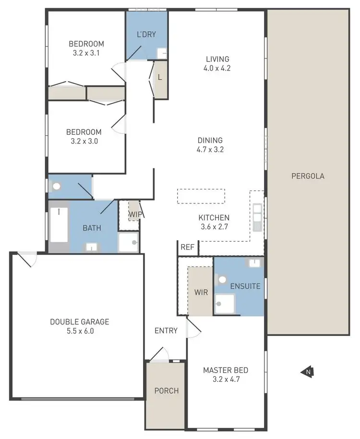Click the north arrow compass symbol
(x=308, y=371)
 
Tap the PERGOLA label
(x=308, y=176)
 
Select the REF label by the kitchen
(x=187, y=248)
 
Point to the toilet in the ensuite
(x=222, y=279)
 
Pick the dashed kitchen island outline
(x=201, y=196)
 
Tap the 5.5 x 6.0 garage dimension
(x=80, y=331)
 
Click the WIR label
(x=201, y=292)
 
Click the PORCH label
(x=166, y=391)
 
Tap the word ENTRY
(x=166, y=331)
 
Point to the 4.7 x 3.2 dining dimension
(x=210, y=149)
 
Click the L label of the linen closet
(x=160, y=77)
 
